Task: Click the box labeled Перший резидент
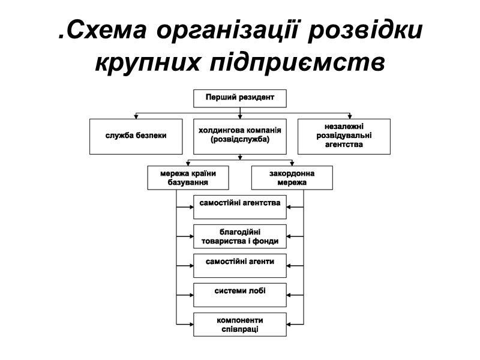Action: point(239,98)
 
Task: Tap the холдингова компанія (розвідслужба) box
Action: point(239,136)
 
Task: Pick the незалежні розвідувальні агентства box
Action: point(343,136)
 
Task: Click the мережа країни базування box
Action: point(188,178)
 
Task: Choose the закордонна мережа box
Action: point(292,178)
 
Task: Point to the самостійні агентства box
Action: point(239,206)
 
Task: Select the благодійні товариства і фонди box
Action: point(239,236)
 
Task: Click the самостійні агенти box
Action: point(239,265)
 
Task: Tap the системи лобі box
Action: point(239,295)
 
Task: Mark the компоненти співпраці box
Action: point(239,324)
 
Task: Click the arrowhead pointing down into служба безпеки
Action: point(136,116)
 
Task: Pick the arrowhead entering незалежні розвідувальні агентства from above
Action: point(350,116)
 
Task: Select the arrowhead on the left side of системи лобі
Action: point(190,295)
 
